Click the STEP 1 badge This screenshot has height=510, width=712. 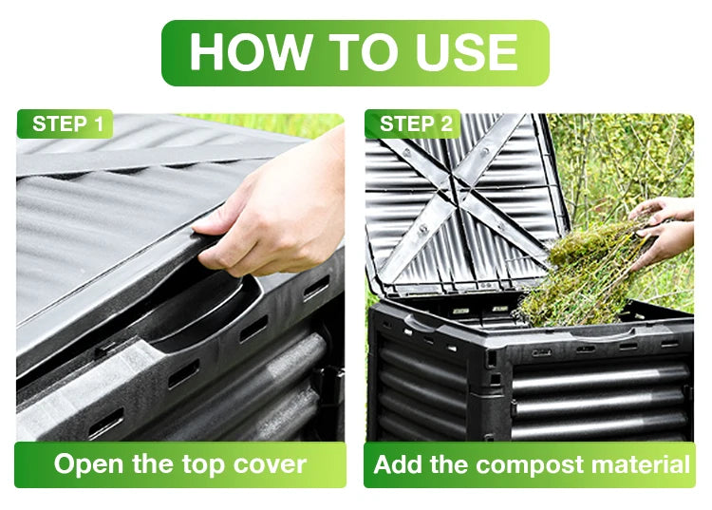(x=65, y=124)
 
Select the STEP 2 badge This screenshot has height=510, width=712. (x=413, y=124)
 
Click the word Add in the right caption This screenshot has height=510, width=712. (x=399, y=464)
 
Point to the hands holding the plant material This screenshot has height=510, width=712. (x=663, y=232)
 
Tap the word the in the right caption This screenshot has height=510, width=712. (x=450, y=464)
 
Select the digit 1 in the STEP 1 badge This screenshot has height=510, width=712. (x=98, y=124)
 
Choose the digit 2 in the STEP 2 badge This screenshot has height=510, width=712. (x=446, y=124)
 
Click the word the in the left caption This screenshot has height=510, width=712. (x=153, y=464)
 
